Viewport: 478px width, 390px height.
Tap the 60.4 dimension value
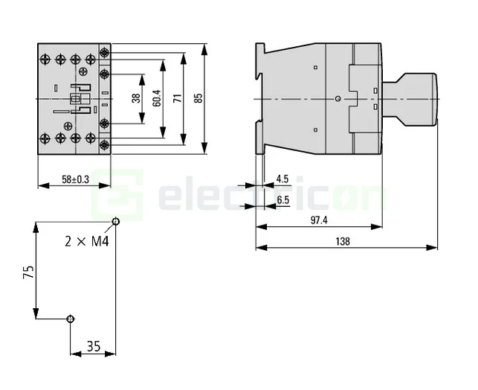pos(156,97)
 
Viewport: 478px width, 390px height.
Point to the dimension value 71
pos(177,97)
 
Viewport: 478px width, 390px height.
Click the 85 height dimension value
pos(198,97)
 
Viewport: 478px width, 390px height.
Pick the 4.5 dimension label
pos(282,179)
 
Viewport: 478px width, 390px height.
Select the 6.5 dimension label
pos(282,199)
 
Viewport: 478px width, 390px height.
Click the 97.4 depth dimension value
pos(319,220)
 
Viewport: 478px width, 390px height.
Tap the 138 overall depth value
pos(342,241)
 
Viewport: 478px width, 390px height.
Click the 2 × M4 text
pos(87,242)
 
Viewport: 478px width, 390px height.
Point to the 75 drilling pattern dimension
pos(28,272)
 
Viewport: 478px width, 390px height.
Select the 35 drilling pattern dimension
pos(93,346)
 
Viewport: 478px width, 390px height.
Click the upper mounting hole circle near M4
pos(115,222)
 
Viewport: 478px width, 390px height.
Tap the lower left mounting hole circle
pos(70,319)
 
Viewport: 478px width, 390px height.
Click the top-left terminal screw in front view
pos(43,57)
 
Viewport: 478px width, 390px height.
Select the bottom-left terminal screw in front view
pos(43,138)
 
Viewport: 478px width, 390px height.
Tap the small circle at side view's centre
pos(337,98)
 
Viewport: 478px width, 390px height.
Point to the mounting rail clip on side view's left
pos(260,97)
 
